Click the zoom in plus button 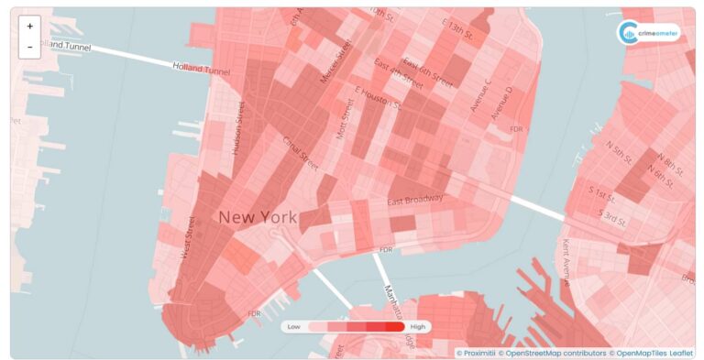click(x=29, y=27)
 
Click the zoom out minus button click(x=29, y=47)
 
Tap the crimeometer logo click(x=649, y=33)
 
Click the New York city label click(x=258, y=217)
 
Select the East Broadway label click(x=415, y=200)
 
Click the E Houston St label click(x=378, y=96)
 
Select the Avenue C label click(x=480, y=95)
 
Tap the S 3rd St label click(x=612, y=218)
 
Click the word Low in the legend click(x=294, y=326)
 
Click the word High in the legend click(x=418, y=326)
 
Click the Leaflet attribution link click(x=681, y=353)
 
